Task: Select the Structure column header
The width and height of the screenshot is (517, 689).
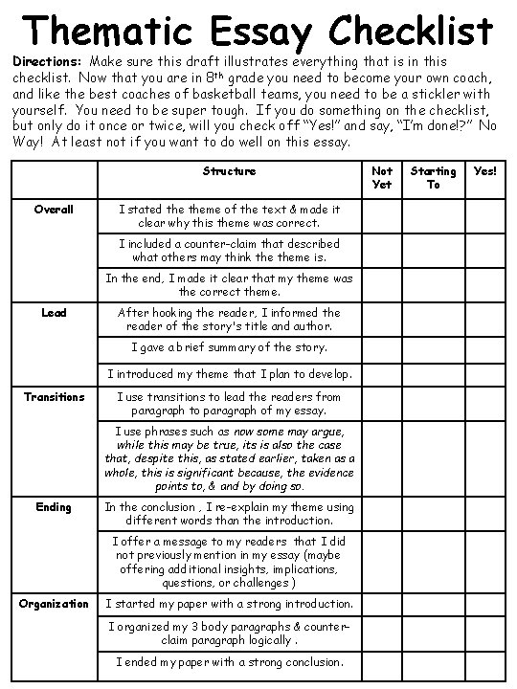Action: [229, 171]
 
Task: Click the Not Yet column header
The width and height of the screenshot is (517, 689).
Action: [382, 178]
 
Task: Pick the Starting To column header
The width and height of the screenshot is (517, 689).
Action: [433, 178]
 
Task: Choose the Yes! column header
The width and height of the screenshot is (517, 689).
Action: [485, 171]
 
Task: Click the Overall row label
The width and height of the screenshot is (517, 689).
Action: [54, 209]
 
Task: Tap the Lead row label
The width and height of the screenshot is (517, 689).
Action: [54, 312]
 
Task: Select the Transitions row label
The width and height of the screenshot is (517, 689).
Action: [54, 397]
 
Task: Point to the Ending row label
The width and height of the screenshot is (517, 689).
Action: [54, 507]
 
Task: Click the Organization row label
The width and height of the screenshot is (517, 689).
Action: [54, 604]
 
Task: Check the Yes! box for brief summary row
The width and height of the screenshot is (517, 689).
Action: [485, 346]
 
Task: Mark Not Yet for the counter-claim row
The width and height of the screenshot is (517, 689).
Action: [382, 250]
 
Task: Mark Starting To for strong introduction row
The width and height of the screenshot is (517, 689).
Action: [433, 604]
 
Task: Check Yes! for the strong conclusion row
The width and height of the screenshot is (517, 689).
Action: [485, 662]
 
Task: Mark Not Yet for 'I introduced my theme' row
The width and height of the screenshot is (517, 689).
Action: [382, 373]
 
